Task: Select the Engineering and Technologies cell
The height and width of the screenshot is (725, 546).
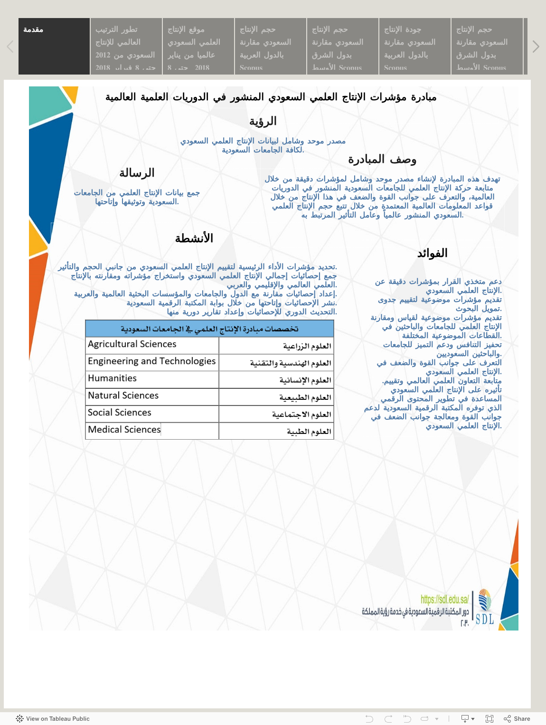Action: coord(152,361)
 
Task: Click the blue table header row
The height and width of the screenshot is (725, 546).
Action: coord(209,329)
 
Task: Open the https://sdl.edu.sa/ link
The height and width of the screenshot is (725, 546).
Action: coord(444,599)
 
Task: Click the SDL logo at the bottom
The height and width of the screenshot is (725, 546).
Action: coord(485,607)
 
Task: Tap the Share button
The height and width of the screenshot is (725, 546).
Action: coord(517,719)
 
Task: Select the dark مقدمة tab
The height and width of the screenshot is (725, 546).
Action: coord(54,47)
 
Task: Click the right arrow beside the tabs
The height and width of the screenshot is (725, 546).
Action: coord(536,47)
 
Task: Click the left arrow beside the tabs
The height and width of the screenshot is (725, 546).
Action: coord(10,47)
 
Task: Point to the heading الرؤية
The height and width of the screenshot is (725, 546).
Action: coord(263,122)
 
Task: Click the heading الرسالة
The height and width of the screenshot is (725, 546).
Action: coord(137,173)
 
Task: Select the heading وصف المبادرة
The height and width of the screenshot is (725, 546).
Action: coord(382,160)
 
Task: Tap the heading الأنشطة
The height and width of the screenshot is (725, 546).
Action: coord(194,238)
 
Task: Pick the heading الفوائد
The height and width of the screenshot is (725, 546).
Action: coord(432,254)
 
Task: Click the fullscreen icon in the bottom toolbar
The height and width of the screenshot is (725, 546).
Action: coord(490,719)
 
